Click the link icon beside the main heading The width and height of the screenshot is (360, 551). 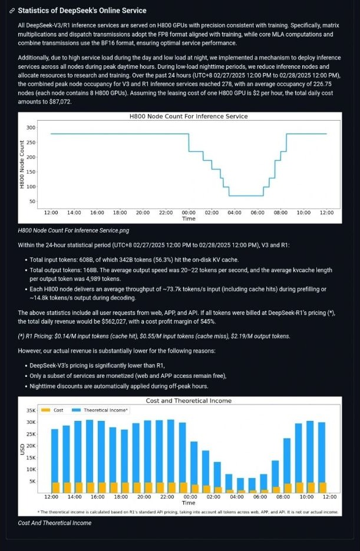(x=12, y=11)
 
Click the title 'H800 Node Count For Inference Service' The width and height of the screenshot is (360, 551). (x=189, y=117)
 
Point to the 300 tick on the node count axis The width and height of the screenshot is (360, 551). (x=31, y=128)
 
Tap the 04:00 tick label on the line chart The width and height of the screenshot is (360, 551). (x=235, y=213)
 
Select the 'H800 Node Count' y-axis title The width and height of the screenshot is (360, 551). (x=22, y=164)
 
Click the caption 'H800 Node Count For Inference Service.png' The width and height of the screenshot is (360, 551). (x=74, y=231)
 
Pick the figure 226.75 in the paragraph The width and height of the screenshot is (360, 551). (x=322, y=84)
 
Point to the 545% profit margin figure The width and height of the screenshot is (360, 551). (x=209, y=321)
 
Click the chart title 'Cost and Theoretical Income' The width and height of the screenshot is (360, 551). (x=189, y=401)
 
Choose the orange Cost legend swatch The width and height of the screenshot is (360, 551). (x=46, y=410)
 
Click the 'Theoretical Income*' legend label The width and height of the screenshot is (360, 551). (x=106, y=410)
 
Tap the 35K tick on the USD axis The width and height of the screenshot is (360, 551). (x=31, y=410)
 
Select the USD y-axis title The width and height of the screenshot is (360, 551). (x=22, y=450)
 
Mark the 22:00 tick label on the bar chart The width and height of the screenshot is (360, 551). (x=167, y=497)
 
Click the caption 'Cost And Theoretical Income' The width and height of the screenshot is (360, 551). (x=54, y=523)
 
